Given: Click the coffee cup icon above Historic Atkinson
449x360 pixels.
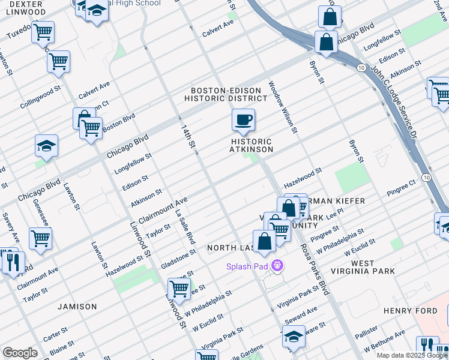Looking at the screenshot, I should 243,121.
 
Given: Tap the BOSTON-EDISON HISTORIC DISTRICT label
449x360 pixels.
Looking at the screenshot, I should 226,94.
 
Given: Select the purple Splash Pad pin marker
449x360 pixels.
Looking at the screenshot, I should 277,265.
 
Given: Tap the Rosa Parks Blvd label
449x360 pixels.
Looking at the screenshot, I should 315,269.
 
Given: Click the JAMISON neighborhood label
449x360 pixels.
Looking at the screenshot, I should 77,307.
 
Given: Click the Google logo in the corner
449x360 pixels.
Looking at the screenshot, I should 20,352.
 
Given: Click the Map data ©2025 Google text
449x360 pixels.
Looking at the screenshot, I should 412,355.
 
